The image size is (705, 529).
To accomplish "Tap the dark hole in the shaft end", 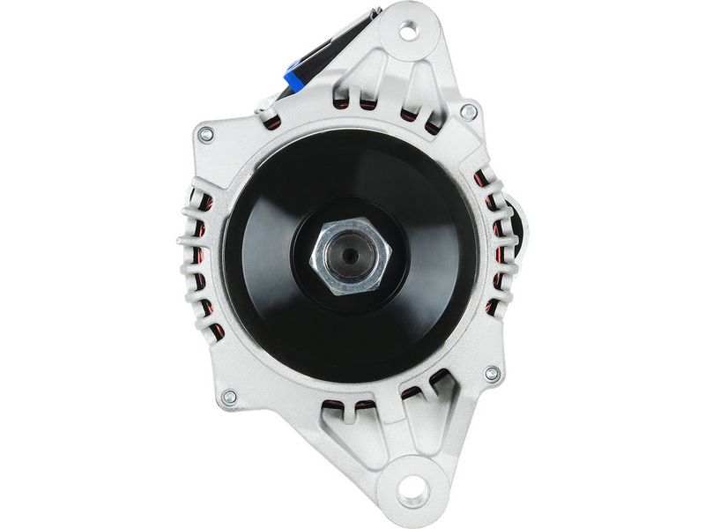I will coord(351,256).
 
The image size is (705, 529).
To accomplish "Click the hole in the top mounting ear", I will coord(407,32).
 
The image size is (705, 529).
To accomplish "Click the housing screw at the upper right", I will coord(470,112).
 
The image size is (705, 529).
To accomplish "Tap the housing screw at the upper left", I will coord(206,135).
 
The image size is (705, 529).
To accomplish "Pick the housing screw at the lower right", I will coord(492,373).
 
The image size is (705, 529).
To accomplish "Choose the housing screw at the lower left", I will coord(229,398).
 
